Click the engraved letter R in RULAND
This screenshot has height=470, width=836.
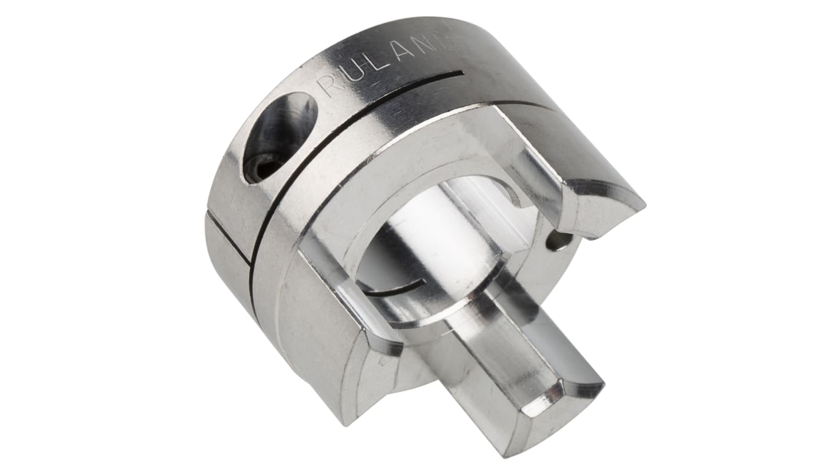(330, 87)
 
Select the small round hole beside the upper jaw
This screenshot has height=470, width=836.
(558, 241)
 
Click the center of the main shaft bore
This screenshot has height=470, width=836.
(430, 247)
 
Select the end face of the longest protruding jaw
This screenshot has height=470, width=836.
(562, 406)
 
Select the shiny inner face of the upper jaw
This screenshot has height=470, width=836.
(533, 177)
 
